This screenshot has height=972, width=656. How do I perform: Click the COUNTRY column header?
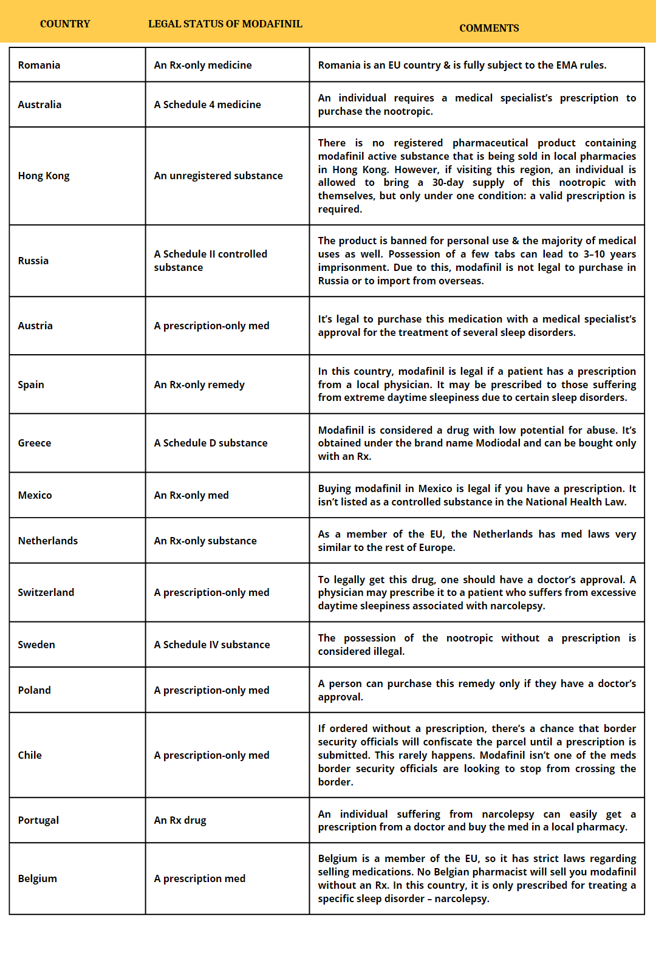click(x=65, y=24)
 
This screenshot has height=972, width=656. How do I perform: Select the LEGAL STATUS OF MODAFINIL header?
click(x=225, y=24)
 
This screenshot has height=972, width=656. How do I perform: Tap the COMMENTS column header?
click(x=489, y=28)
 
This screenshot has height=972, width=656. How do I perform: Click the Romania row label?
click(x=39, y=65)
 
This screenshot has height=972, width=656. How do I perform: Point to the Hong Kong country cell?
click(x=44, y=176)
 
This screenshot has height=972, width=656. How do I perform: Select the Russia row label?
click(x=33, y=261)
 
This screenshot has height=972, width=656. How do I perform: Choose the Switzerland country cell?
click(x=46, y=592)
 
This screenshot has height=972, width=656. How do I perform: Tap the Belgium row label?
click(x=38, y=878)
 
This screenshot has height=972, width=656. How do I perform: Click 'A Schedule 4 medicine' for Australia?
click(x=207, y=104)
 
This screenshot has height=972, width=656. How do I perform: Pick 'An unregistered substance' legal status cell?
click(x=218, y=176)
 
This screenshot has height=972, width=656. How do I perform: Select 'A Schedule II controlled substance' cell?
click(x=210, y=261)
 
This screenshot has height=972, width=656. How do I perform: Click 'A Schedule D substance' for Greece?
click(x=210, y=443)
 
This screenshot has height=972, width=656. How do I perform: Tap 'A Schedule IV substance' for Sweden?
click(x=211, y=645)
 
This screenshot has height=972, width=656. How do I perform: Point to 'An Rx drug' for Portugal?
click(x=180, y=820)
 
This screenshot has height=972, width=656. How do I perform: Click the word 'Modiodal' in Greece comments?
click(x=498, y=443)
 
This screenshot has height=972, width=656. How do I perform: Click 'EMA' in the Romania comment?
click(x=561, y=65)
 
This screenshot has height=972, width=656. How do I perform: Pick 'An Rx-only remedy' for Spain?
click(x=199, y=385)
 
